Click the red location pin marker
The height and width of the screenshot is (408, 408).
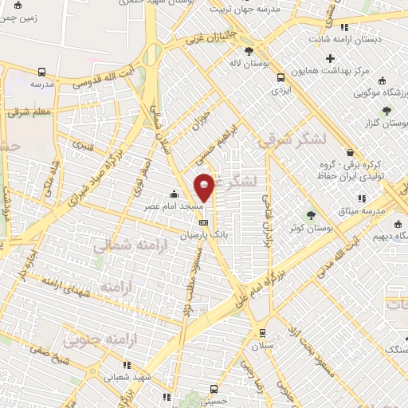(204, 186)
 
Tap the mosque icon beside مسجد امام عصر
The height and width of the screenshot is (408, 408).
(174, 194)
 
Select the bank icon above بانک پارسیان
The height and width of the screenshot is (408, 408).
(204, 222)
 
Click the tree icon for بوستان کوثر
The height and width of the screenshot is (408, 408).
(312, 214)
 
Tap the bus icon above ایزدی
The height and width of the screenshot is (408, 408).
(280, 78)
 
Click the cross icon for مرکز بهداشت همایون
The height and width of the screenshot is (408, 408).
(331, 58)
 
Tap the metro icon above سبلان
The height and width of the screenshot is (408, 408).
(260, 332)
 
